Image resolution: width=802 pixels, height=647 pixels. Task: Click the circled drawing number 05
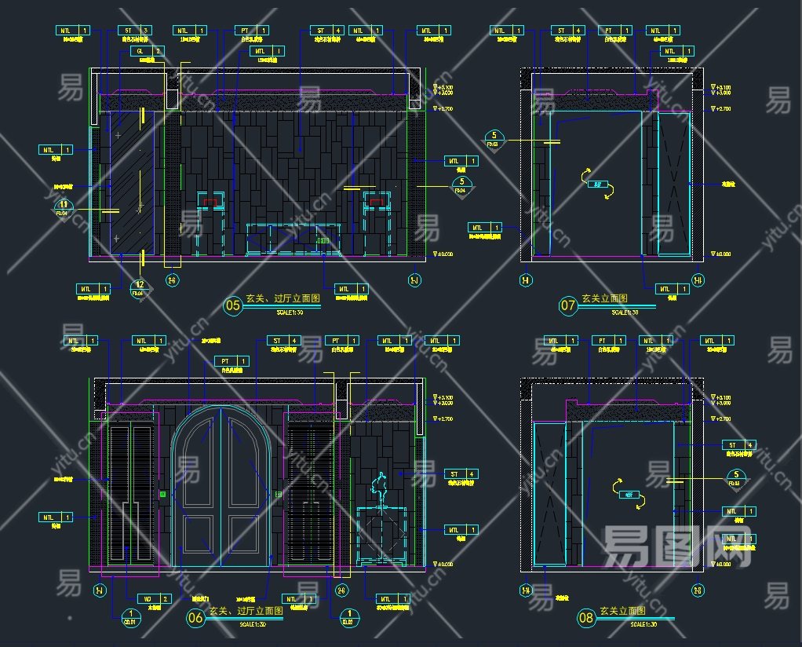tap(233, 305)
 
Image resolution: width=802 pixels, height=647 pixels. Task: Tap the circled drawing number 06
tap(195, 617)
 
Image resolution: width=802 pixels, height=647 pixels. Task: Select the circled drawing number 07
tap(568, 305)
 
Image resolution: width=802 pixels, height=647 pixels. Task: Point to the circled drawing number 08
tap(586, 617)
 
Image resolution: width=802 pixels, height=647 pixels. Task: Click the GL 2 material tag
tap(147, 51)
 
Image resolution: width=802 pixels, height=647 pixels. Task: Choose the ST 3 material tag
tap(134, 31)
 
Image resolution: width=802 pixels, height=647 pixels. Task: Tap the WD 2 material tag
tap(155, 598)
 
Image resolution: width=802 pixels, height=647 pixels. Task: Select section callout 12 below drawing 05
tap(140, 287)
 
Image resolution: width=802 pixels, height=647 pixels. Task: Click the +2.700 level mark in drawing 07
tap(720, 109)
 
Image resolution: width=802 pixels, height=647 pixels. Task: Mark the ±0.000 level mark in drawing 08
tap(720, 564)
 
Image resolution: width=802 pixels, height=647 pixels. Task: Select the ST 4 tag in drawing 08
tap(738, 444)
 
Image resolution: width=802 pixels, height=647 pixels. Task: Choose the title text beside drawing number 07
tap(604, 299)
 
